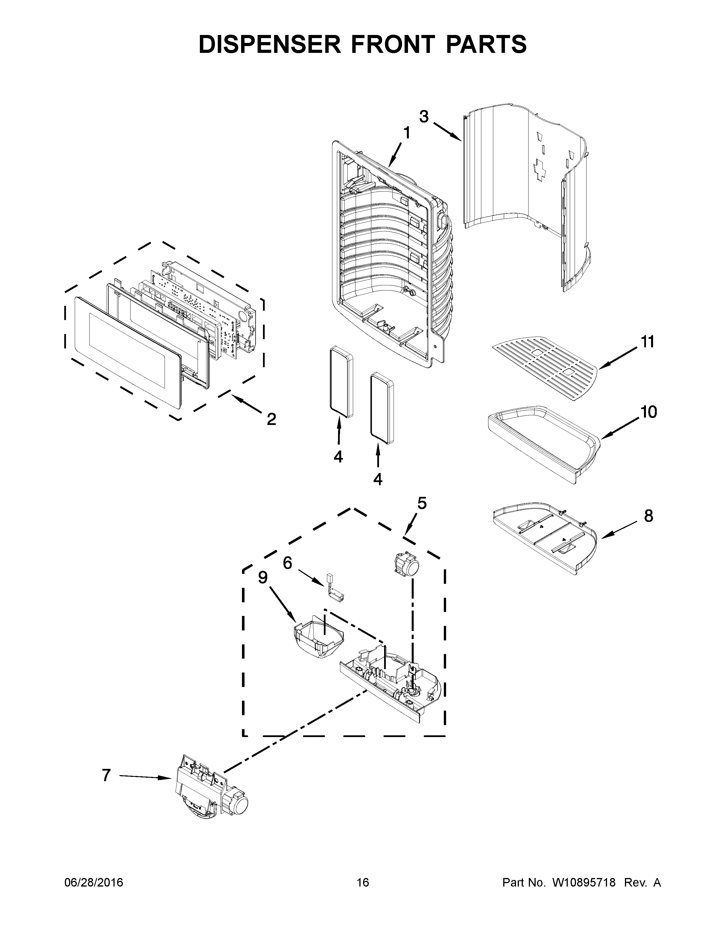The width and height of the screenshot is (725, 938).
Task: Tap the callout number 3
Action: (424, 116)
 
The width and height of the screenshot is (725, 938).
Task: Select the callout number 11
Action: (647, 342)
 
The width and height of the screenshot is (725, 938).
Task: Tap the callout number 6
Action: (287, 562)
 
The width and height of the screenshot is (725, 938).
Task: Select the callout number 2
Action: (271, 419)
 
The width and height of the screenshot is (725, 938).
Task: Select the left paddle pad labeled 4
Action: (341, 383)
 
